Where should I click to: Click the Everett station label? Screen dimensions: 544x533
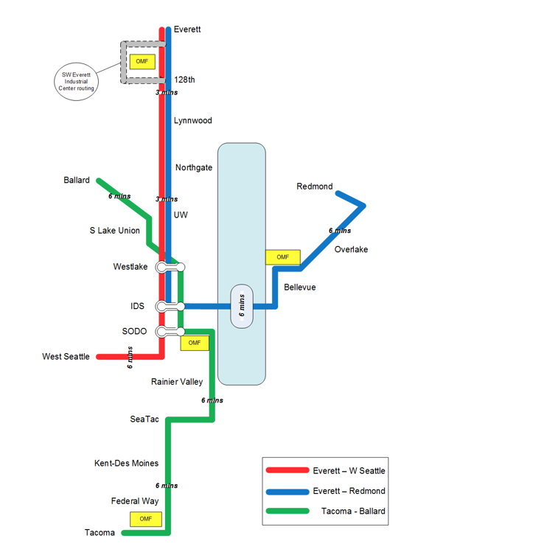[187, 29]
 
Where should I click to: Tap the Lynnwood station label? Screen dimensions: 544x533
[192, 120]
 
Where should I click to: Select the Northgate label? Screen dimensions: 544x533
[194, 167]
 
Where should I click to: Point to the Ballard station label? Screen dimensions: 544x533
[77, 180]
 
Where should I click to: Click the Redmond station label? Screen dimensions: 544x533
[314, 186]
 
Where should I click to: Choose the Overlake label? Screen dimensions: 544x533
[351, 249]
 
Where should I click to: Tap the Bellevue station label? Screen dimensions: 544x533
[299, 287]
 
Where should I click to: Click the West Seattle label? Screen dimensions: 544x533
[66, 357]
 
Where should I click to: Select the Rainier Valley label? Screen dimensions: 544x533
[177, 382]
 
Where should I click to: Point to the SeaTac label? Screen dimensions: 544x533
[144, 419]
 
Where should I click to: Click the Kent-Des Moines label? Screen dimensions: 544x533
[126, 464]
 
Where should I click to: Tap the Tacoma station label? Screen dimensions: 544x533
[100, 533]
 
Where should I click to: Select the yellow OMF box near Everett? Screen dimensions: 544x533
[142, 61]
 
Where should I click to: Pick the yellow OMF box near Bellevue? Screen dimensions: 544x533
[282, 257]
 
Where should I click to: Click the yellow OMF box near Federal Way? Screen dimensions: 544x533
[145, 519]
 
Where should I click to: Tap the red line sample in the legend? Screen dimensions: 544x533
[288, 470]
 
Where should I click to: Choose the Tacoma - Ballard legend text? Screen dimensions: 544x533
[353, 511]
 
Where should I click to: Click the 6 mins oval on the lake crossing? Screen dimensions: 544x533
[242, 306]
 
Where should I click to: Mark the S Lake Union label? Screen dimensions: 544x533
[114, 231]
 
